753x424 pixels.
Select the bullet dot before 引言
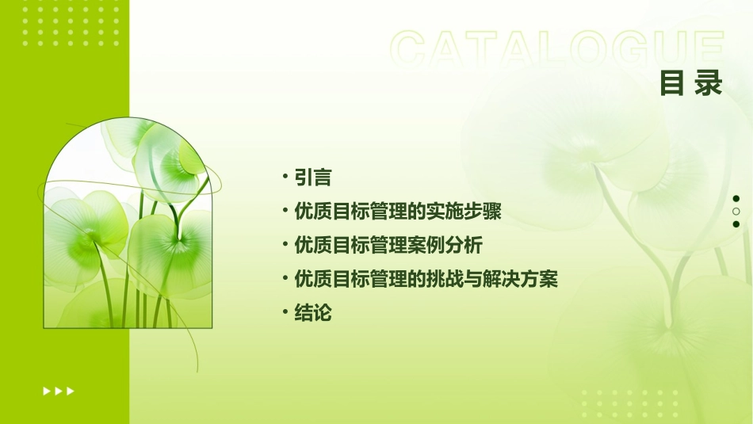(x=285, y=177)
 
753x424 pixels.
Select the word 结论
(x=313, y=313)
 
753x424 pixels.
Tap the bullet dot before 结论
(x=285, y=312)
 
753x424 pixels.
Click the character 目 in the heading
(x=672, y=83)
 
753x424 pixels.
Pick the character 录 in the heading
(x=709, y=83)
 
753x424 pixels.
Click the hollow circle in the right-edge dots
(x=736, y=212)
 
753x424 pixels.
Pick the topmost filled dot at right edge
(x=736, y=199)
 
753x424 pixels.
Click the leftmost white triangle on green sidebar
(x=47, y=391)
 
